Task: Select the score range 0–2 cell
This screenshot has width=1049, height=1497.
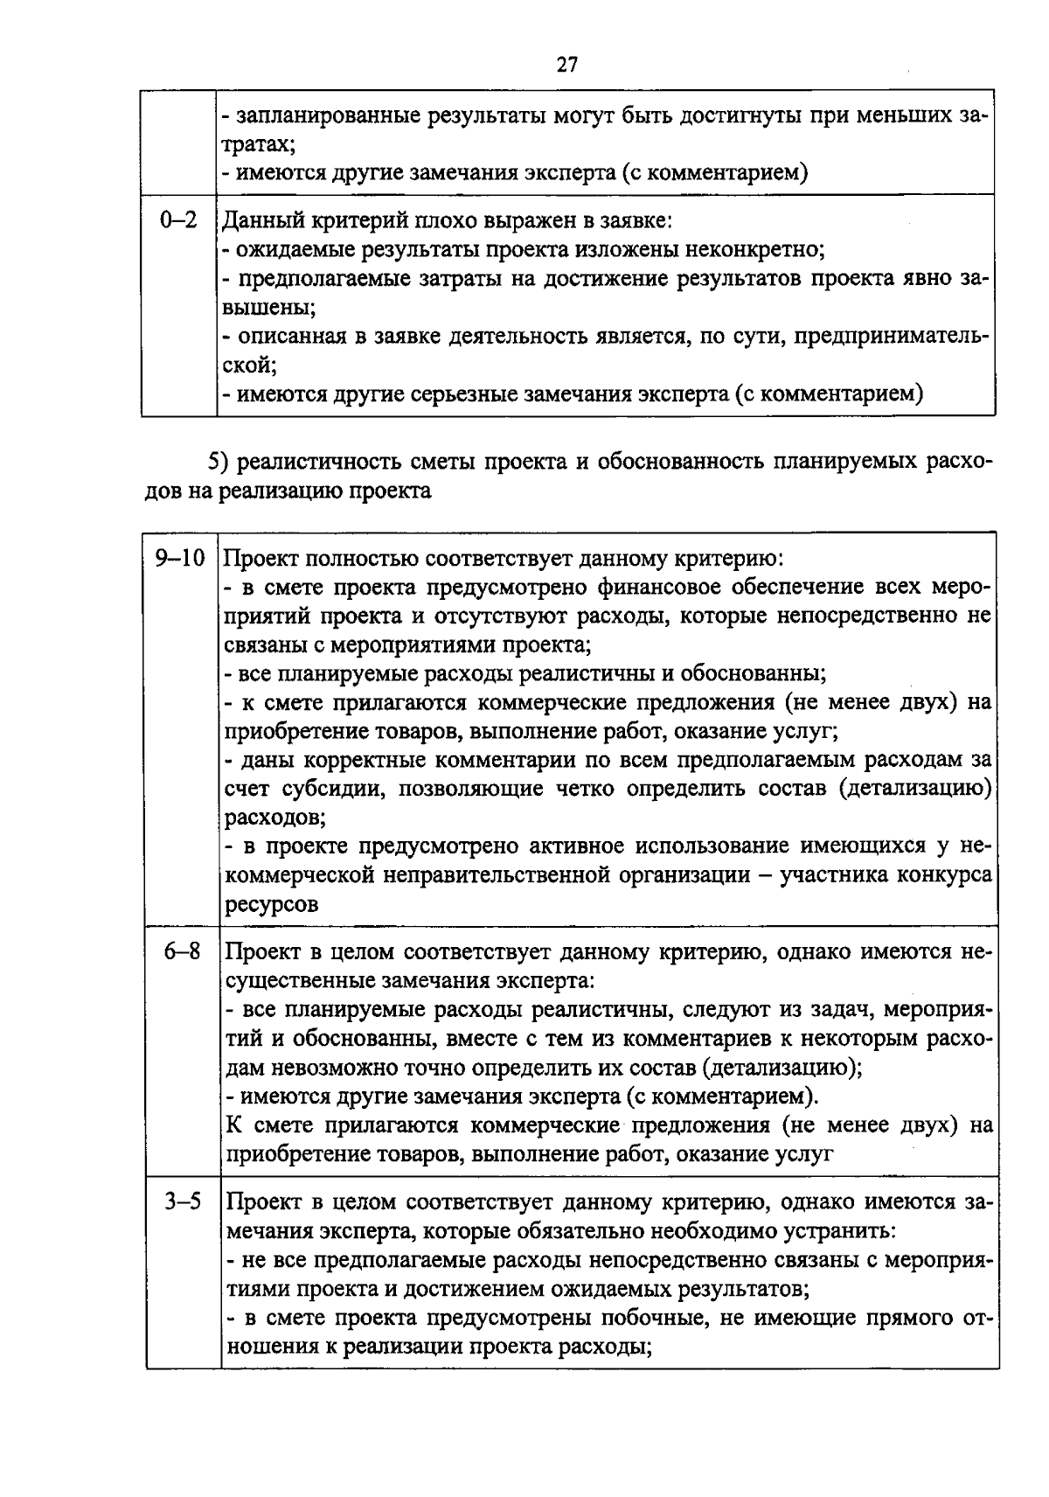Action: [179, 220]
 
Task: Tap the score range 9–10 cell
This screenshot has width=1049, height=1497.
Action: [179, 558]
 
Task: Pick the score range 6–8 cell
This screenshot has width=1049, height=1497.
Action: [182, 951]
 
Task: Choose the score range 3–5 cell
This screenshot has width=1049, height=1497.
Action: [182, 1201]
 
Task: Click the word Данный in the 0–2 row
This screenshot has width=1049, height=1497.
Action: [259, 221]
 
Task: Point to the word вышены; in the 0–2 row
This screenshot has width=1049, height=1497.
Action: [267, 308]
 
